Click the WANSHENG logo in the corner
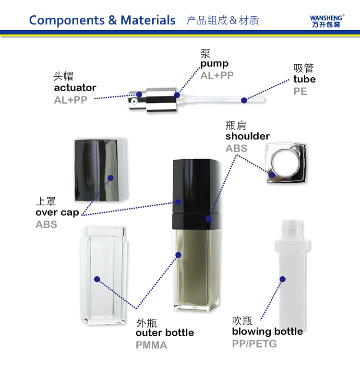327,21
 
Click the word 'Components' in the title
67,21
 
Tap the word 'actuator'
75,88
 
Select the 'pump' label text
215,64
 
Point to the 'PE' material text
300,91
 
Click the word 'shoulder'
248,136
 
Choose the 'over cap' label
57,213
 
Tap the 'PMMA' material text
151,345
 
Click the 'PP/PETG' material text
254,344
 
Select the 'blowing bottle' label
267,331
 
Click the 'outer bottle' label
165,333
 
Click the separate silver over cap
101,169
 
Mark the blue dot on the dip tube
244,100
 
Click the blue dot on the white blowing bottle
282,279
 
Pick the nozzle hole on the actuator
133,101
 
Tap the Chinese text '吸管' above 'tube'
303,68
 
